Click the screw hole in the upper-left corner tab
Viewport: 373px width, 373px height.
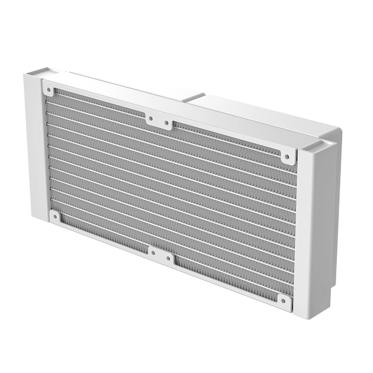[48, 90]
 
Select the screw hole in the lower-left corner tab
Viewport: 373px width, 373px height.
[54, 217]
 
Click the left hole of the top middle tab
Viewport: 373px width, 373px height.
[150, 118]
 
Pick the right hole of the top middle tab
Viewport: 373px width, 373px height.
[168, 123]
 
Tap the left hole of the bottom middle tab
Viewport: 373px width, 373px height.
[153, 255]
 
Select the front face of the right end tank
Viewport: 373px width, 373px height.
[308, 231]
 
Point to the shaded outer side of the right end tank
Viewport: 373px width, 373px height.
[329, 219]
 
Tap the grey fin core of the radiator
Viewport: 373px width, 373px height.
[172, 189]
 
